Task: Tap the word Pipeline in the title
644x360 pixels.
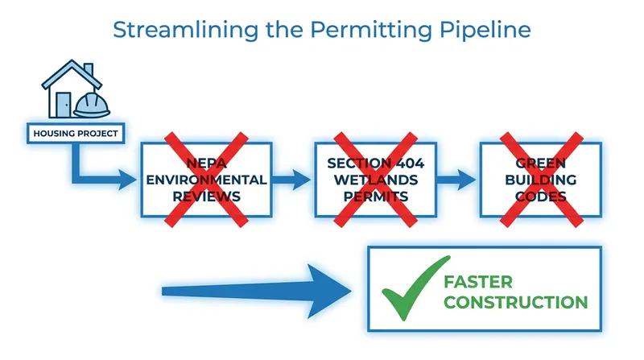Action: click(x=485, y=31)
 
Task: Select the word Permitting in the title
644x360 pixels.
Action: click(x=371, y=31)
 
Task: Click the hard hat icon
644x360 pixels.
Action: click(x=92, y=106)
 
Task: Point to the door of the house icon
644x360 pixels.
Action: click(x=64, y=105)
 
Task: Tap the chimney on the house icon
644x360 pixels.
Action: click(x=89, y=70)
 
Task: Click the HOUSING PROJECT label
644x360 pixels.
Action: click(x=76, y=133)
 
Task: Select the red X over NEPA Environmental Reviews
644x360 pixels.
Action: click(x=206, y=180)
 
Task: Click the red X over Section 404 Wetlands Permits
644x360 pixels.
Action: click(x=375, y=180)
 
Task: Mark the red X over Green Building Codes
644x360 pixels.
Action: click(x=541, y=180)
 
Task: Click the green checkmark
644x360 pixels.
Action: click(x=415, y=288)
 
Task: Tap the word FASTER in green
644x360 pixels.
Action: click(x=478, y=282)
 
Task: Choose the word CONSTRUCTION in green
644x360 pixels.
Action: click(x=516, y=303)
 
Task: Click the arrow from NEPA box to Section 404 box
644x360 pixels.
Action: click(x=291, y=180)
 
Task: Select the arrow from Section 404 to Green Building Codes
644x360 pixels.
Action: click(x=456, y=180)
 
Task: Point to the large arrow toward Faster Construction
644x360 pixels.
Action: click(x=257, y=292)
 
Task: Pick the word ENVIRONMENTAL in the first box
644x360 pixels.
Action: click(x=206, y=180)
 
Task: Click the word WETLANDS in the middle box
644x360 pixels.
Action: click(x=376, y=180)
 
